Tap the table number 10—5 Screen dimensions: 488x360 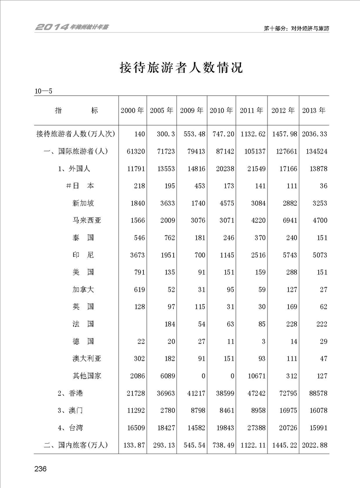(44, 91)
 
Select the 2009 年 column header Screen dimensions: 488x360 (192, 111)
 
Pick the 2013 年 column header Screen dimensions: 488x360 (314, 111)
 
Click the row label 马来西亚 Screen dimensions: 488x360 (87, 221)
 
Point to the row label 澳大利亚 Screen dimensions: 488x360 (87, 358)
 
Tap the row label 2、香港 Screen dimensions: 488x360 (70, 393)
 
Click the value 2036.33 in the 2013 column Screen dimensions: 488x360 (314, 135)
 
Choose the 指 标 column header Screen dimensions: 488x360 (76, 111)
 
